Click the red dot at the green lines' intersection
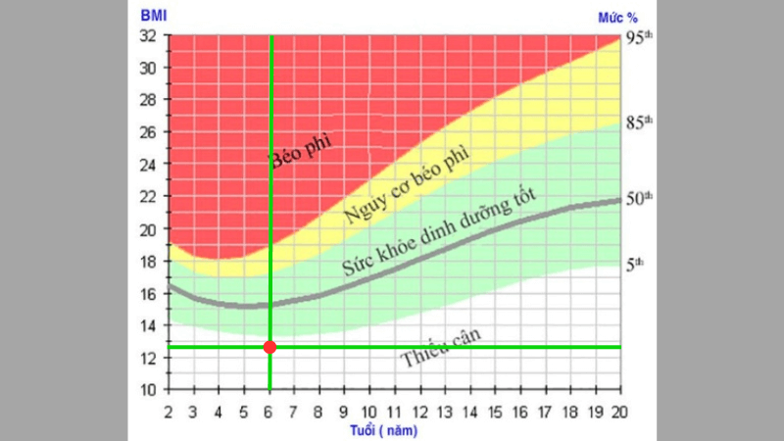270,347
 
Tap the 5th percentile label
637,263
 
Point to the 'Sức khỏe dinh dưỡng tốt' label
441,235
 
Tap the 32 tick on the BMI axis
148,36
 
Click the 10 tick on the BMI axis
148,390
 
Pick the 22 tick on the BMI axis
148,197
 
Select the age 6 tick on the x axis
270,410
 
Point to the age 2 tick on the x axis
170,410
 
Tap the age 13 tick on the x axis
446,410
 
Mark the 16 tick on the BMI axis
148,294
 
